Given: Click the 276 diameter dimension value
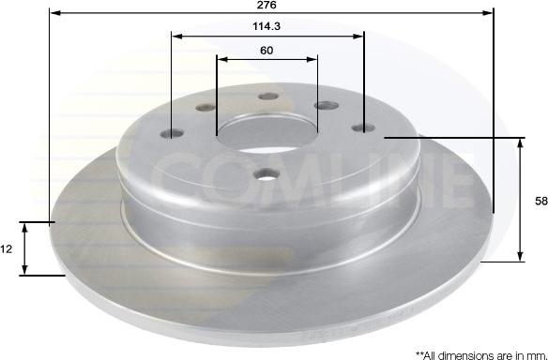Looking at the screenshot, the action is (x=266, y=5).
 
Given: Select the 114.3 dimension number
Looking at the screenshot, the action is (x=266, y=26).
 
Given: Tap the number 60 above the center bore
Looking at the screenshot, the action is (x=266, y=51).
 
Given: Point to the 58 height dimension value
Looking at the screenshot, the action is (x=541, y=202).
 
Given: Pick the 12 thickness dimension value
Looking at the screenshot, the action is (x=6, y=249).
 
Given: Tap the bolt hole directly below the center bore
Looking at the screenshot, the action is (x=266, y=173).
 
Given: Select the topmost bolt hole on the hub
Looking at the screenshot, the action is (x=268, y=97).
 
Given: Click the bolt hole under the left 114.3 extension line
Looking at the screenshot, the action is (x=172, y=133).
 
